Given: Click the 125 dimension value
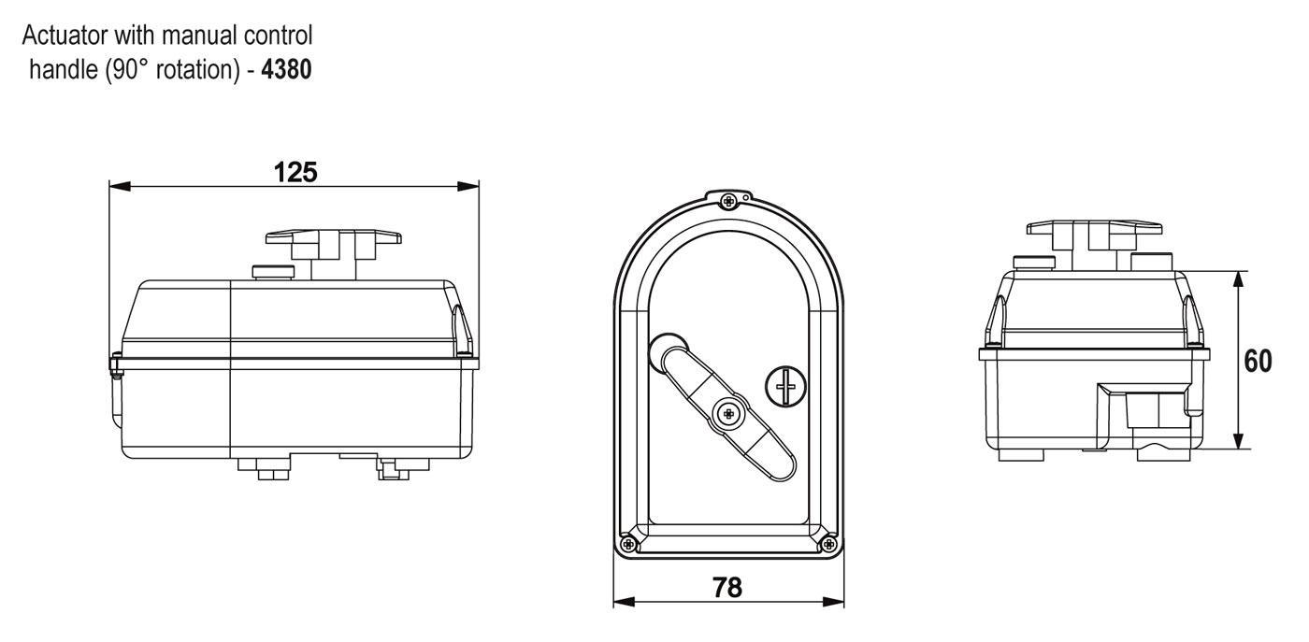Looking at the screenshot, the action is tap(295, 172).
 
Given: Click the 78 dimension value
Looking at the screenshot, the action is tap(727, 587).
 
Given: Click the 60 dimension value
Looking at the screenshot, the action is tap(1259, 361).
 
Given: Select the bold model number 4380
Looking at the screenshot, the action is tap(286, 69).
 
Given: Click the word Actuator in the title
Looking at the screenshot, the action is tap(65, 36).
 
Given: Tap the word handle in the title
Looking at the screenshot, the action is tap(64, 69).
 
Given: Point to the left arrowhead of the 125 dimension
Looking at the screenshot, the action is tap(120, 186).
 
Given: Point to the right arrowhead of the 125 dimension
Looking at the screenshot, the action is tap(468, 186).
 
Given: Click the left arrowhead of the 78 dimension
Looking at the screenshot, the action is tap(625, 602).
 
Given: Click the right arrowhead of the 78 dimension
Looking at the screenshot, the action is tap(833, 602).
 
